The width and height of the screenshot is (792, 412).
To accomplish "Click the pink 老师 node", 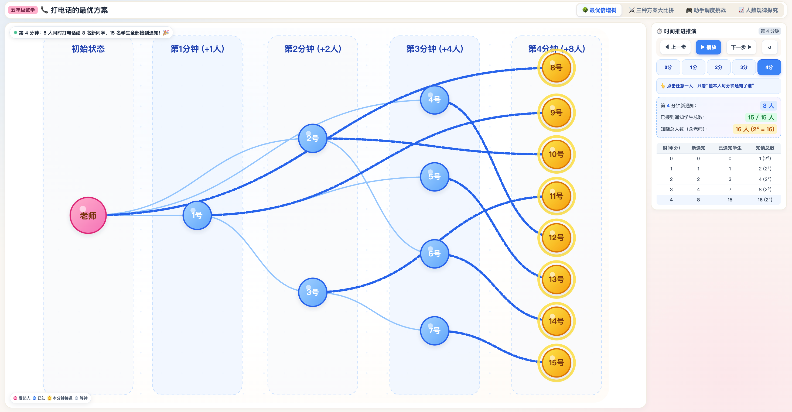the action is (x=88, y=215).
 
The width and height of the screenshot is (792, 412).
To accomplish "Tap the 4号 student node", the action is (x=434, y=100).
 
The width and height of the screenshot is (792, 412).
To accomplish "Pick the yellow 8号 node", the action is (x=556, y=68).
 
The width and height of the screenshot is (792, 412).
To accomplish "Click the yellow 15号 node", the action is (x=556, y=363).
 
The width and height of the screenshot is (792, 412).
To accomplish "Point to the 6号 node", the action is (x=434, y=253).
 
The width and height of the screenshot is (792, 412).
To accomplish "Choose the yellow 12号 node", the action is (x=556, y=238).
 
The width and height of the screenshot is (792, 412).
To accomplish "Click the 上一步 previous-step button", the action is (x=675, y=47).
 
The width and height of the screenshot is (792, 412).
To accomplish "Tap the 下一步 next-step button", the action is (x=741, y=47).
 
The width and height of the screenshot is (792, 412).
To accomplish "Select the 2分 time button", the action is (x=719, y=67).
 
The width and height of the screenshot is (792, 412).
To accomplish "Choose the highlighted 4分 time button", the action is (x=769, y=67).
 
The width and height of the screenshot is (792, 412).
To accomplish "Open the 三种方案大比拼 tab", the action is (x=651, y=10).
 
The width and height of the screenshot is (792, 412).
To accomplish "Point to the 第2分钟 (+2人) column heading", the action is (x=313, y=49).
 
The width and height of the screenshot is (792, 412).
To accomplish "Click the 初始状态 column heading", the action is (x=88, y=49).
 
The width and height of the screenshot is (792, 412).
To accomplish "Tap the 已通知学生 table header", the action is (x=730, y=148).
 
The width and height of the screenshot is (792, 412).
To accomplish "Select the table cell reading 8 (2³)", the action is (x=765, y=189).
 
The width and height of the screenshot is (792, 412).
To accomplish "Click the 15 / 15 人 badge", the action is (x=761, y=117).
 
